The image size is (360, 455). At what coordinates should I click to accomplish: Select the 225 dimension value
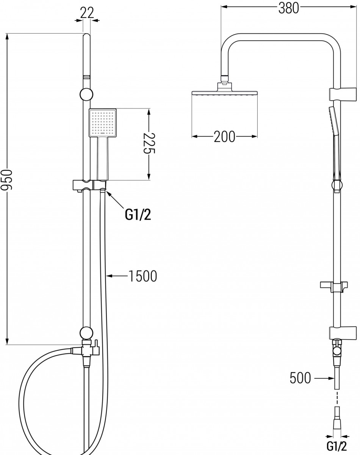149,143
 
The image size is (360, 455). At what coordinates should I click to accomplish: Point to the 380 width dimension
288,8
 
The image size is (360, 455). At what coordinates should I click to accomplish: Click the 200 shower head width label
224,137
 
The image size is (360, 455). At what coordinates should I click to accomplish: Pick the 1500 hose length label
143,276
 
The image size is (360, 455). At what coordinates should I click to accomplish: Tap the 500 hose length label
300,378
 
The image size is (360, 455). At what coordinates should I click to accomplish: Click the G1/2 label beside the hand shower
138,215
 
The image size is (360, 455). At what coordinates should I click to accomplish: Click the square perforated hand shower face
103,123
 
